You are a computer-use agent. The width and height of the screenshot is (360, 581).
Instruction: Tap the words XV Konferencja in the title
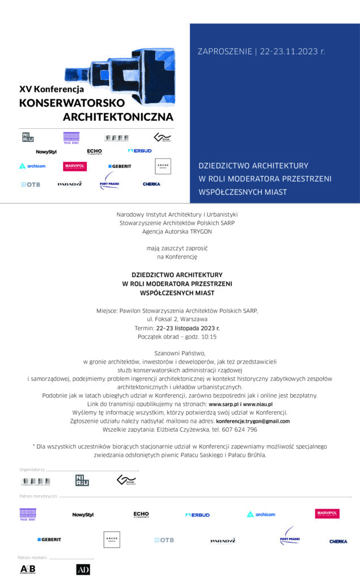pyautogui.click(x=52, y=89)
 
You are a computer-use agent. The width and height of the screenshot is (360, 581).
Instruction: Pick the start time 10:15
pyautogui.click(x=206, y=336)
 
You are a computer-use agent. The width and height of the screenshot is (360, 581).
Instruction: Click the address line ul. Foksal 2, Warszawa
pyautogui.click(x=177, y=319)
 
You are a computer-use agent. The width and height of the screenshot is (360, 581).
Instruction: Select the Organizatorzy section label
pyautogui.click(x=32, y=470)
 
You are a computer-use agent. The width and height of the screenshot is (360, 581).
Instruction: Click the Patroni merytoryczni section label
pyautogui.click(x=38, y=496)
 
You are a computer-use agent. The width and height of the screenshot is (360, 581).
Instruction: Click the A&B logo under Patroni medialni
pyautogui.click(x=28, y=569)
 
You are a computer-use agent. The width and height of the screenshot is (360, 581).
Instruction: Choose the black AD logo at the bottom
pyautogui.click(x=83, y=569)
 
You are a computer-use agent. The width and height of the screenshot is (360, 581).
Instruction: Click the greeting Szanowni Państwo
pyautogui.click(x=179, y=353)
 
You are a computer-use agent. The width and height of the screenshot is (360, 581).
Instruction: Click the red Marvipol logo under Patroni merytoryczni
pyautogui.click(x=327, y=513)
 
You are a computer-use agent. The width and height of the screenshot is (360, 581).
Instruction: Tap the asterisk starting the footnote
pyautogui.click(x=34, y=447)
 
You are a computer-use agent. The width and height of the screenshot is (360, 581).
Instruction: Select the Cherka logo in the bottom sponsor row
pyautogui.click(x=338, y=541)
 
